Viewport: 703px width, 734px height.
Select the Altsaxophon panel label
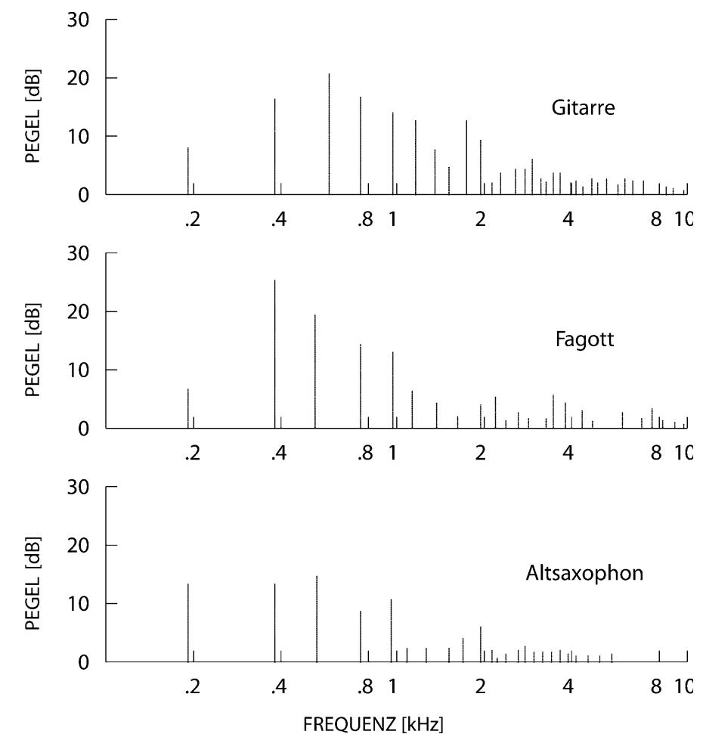pyautogui.click(x=584, y=572)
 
